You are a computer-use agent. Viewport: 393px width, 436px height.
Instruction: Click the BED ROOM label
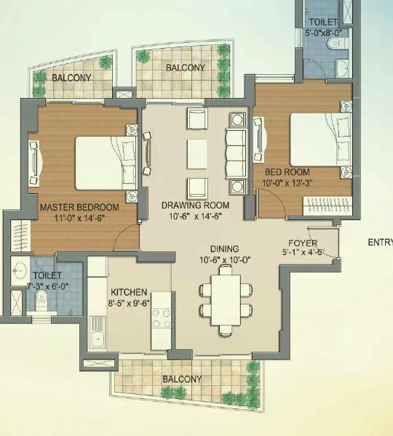pos(288,173)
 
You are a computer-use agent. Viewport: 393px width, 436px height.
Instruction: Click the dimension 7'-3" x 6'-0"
pos(48,286)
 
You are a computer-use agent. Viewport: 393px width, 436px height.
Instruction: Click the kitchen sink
pos(97,336)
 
